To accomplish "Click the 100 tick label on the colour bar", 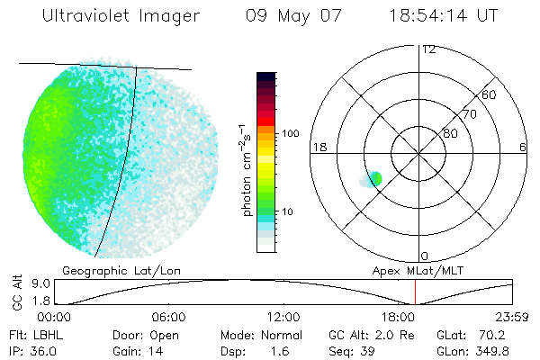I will pos(290,133).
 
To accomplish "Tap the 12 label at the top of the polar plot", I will pos(428,49).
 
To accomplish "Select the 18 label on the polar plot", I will pos(318,147).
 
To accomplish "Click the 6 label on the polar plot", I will pos(523,147).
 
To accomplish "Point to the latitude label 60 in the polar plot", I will pos(490,94).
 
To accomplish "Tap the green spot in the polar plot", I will pos(375,178).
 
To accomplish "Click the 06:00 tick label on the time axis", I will pos(169,317).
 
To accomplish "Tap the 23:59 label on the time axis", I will pos(514,317).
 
